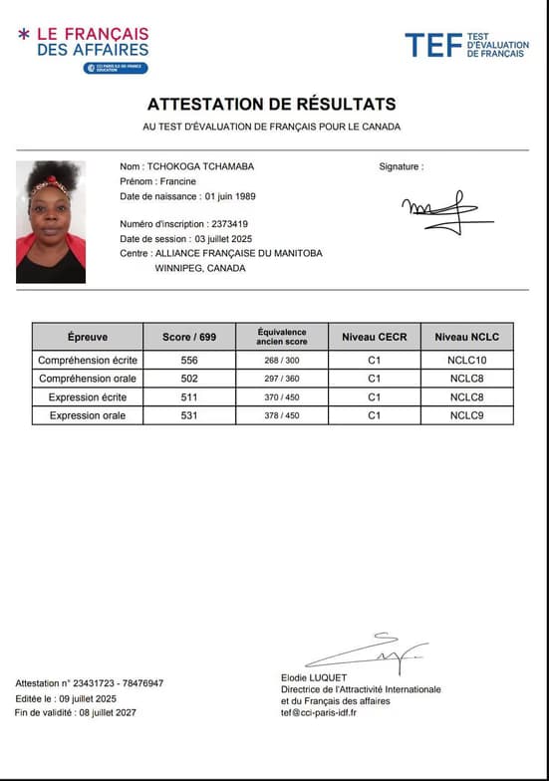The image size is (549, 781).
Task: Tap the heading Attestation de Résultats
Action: coord(272,104)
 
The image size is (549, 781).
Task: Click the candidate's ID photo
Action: coord(51,222)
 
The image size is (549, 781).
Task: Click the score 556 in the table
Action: coord(188,360)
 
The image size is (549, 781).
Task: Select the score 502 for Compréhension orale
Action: coord(188,379)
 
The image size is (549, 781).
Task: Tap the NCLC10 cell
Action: coord(467,360)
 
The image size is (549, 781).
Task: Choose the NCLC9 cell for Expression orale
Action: coord(467,415)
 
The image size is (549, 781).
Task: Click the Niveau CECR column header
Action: coord(374,337)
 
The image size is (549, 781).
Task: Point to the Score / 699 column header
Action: coord(188,337)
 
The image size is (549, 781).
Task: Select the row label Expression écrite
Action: coord(88,397)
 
